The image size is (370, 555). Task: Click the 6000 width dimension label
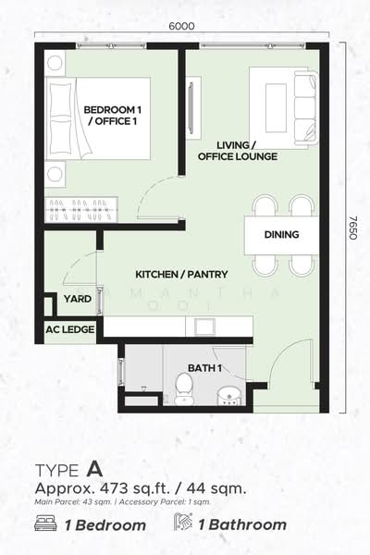coord(181,26)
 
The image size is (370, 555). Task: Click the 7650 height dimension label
coord(353,228)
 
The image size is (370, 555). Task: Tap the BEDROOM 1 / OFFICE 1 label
coord(112,116)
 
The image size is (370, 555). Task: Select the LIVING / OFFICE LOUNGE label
coord(238,151)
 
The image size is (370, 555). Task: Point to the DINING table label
coord(281,234)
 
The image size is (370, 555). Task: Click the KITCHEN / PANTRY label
coord(181,275)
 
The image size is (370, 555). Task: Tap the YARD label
coord(78,299)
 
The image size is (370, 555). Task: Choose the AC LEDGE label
coord(70,329)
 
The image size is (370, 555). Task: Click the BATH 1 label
coord(205,368)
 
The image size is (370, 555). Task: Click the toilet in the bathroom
coord(184,388)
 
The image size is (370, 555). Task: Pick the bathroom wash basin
coord(229,397)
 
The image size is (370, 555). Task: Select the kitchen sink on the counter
coord(204,326)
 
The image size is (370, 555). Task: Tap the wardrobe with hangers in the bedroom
coord(81,209)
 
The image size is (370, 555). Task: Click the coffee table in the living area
coord(276,108)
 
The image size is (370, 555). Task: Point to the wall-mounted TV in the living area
coord(191,108)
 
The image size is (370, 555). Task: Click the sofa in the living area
coord(305,107)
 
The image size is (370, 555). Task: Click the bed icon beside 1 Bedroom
coord(45,524)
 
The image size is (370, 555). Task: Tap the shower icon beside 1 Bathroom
coord(182,522)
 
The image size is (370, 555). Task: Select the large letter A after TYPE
coord(94,469)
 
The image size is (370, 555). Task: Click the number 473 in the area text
coord(114,488)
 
